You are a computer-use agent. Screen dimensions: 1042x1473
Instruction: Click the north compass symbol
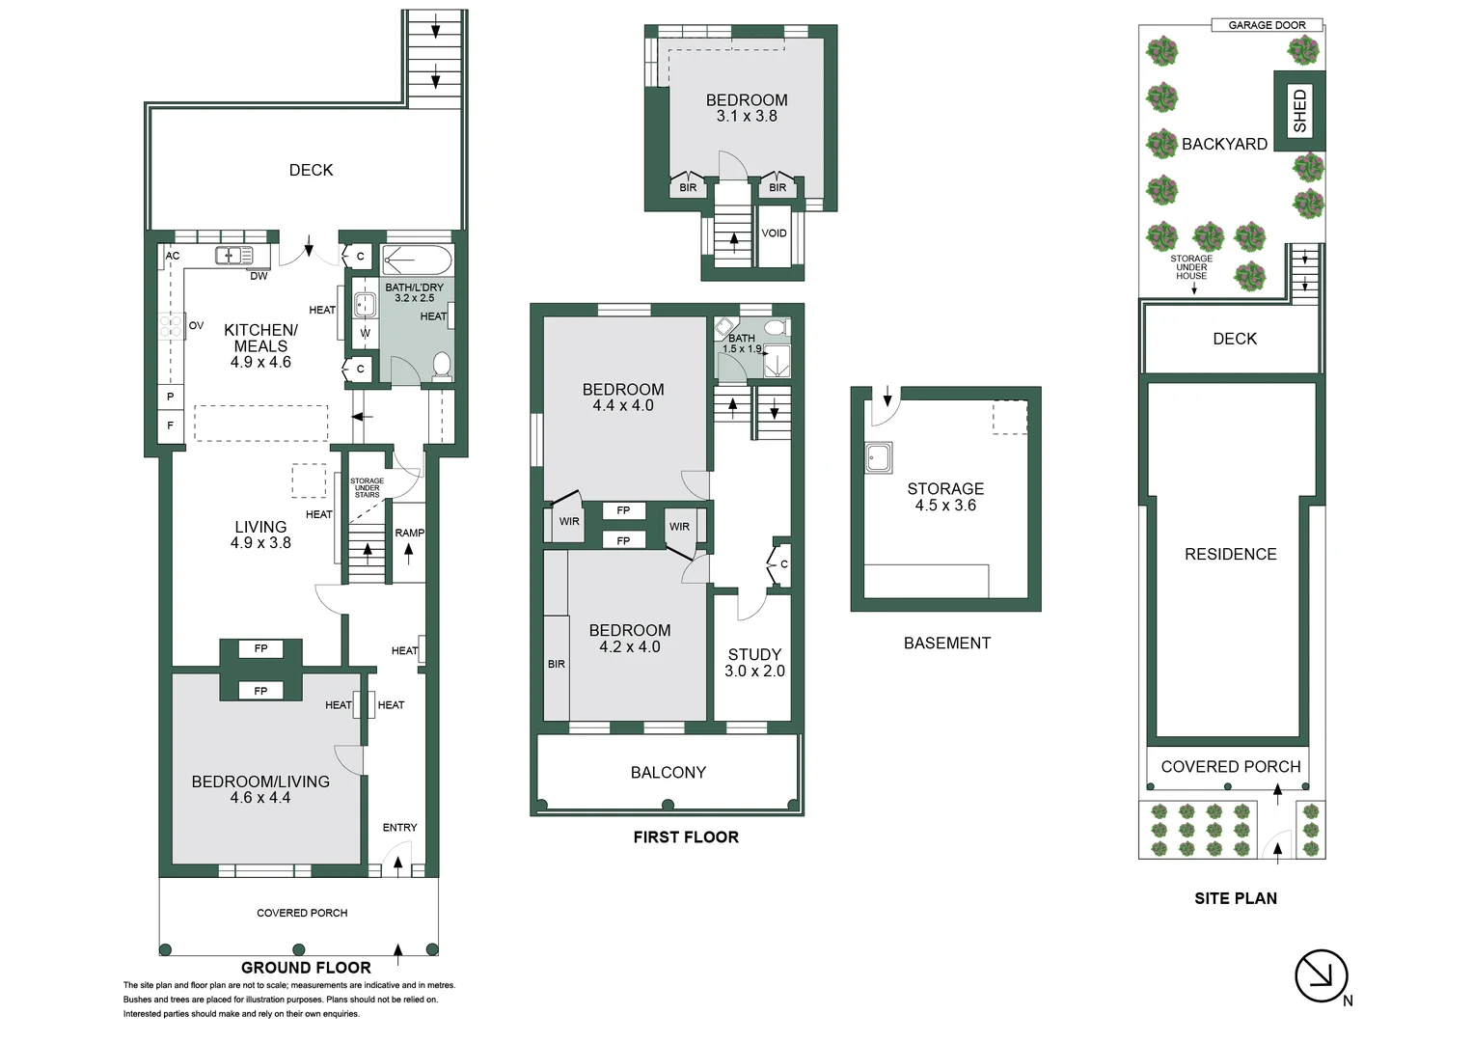(1320, 975)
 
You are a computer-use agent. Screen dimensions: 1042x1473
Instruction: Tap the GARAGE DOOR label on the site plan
(1267, 25)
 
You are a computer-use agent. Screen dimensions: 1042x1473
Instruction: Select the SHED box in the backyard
(1299, 111)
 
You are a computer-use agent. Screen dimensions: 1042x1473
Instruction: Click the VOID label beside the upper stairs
(774, 233)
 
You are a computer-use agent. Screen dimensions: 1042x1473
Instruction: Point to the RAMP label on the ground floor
(409, 533)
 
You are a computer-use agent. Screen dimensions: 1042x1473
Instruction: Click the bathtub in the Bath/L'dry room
(417, 260)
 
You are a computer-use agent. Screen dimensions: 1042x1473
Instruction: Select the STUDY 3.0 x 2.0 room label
(754, 663)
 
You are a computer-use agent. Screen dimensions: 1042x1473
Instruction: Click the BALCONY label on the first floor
(668, 773)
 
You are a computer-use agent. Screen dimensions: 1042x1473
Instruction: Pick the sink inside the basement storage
(878, 457)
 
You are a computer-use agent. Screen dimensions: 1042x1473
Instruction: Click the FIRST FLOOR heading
(686, 837)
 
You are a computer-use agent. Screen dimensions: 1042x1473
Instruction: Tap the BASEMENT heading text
(946, 644)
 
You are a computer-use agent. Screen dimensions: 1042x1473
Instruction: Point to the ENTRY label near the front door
(399, 828)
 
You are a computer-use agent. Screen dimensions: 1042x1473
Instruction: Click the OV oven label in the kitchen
(196, 326)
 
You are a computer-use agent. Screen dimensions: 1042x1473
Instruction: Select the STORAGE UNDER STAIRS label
(367, 488)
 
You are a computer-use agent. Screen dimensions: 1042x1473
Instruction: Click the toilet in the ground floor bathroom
(442, 365)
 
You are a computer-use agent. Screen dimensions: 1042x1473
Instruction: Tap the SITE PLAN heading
(1235, 898)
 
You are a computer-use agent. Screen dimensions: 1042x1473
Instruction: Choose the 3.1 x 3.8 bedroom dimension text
(747, 117)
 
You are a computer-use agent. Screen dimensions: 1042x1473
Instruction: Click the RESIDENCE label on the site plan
(1230, 555)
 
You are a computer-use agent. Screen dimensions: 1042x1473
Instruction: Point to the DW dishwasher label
(259, 276)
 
